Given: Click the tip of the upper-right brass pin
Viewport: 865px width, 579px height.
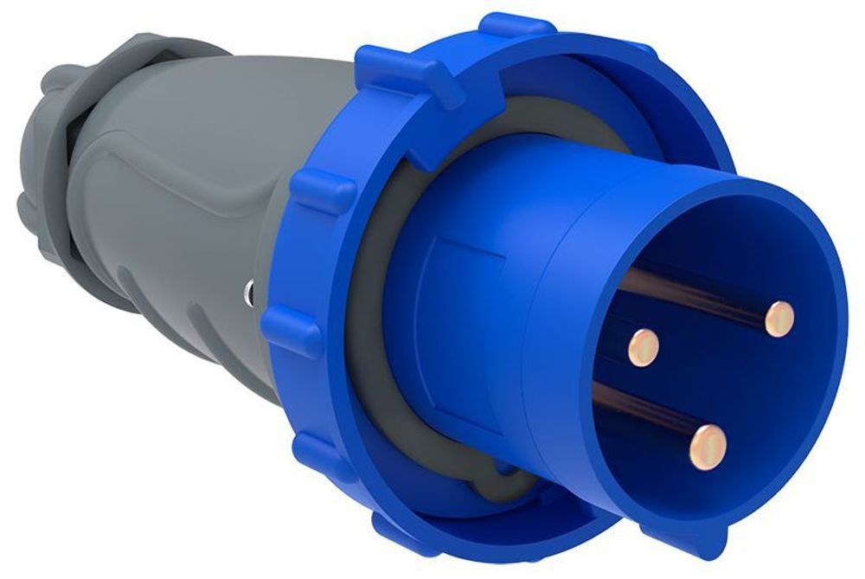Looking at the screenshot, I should [x=779, y=318].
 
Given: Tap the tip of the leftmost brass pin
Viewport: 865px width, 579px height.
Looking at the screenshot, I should [x=642, y=345].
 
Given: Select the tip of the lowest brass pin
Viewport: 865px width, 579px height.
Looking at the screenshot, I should [x=708, y=446].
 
